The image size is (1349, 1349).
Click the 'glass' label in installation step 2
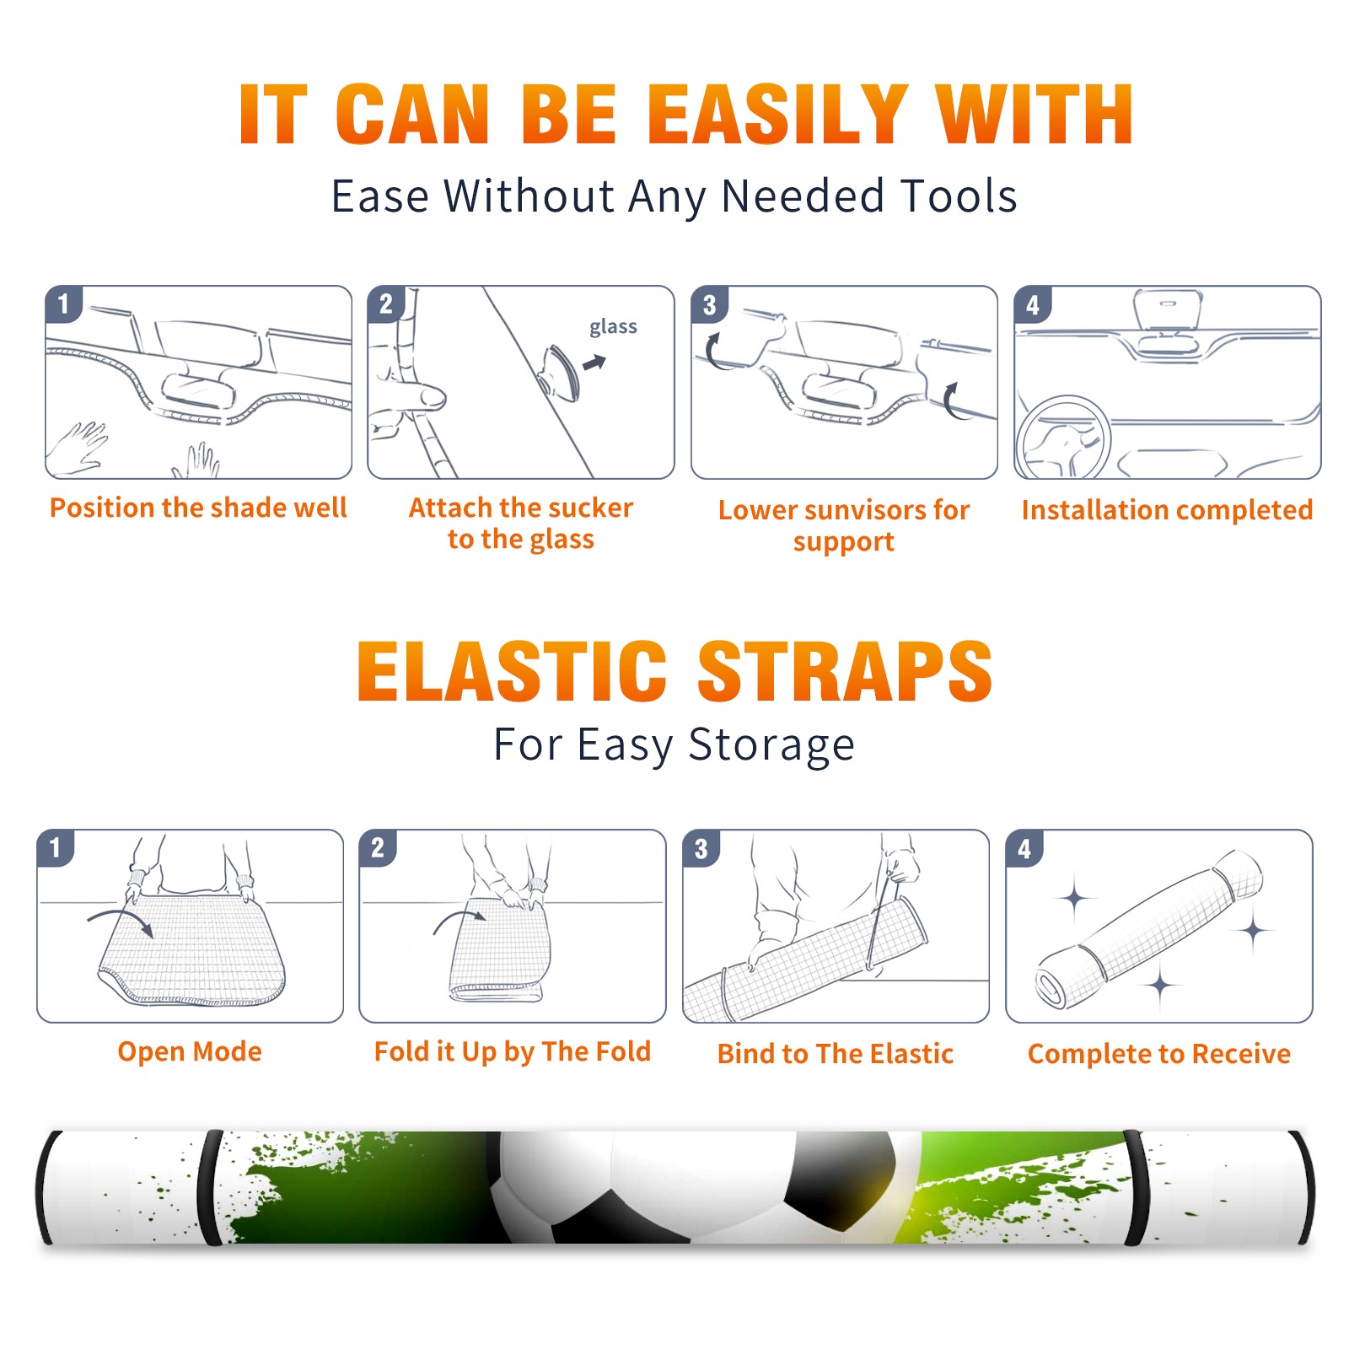pos(613,327)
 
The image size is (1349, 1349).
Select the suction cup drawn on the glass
pos(561,372)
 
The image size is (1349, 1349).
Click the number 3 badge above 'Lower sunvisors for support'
pos(709,304)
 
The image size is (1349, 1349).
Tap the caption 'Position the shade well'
pos(198,508)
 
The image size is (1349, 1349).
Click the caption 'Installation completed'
pos(1167,509)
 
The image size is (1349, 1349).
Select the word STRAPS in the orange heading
pos(845,671)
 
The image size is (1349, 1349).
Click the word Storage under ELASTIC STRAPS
pos(771,746)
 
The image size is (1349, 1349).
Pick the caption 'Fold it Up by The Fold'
pos(513,1052)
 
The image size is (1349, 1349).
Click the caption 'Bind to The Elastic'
pos(836,1054)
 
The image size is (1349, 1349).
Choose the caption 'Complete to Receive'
pos(1159,1054)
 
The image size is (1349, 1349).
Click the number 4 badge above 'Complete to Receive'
pos(1024,848)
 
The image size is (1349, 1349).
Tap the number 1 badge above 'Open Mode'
pos(56,847)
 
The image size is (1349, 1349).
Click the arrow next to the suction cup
pos(594,363)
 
